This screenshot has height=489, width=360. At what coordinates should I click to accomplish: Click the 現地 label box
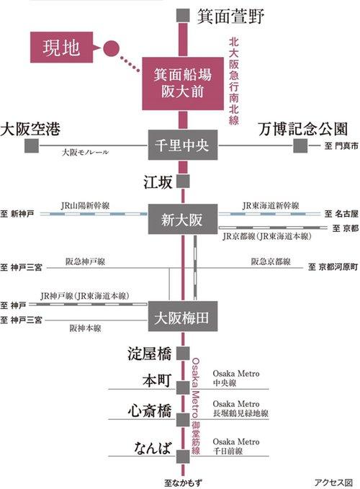(62, 48)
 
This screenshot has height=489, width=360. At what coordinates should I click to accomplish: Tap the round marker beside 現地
(111, 48)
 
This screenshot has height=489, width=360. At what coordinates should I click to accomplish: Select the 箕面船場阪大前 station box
(183, 84)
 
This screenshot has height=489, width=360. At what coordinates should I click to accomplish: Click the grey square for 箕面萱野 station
(183, 16)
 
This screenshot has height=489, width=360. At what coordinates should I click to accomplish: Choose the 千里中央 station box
(183, 145)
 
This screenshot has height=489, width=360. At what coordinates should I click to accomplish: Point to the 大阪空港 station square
(32, 145)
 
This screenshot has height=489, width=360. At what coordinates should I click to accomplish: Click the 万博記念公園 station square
(300, 145)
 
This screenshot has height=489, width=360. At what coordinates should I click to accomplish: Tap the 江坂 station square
(183, 181)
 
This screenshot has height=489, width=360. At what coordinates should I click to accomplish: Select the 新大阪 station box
(183, 219)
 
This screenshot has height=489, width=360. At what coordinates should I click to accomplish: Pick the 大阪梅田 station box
(183, 316)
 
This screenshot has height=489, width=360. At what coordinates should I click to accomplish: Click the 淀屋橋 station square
(183, 354)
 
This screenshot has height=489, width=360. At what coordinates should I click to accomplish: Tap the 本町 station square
(183, 387)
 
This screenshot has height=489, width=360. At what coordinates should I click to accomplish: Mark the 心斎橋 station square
(183, 420)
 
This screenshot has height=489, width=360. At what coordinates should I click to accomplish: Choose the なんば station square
(183, 457)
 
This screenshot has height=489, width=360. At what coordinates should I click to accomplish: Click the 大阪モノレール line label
(86, 152)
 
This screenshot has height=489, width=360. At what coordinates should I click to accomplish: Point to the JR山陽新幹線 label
(85, 206)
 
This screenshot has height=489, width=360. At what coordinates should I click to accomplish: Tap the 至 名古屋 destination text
(341, 214)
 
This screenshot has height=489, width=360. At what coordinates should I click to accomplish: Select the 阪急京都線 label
(271, 261)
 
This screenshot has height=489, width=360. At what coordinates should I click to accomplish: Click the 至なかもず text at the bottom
(183, 483)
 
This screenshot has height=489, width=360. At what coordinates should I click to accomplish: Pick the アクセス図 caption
(333, 483)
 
